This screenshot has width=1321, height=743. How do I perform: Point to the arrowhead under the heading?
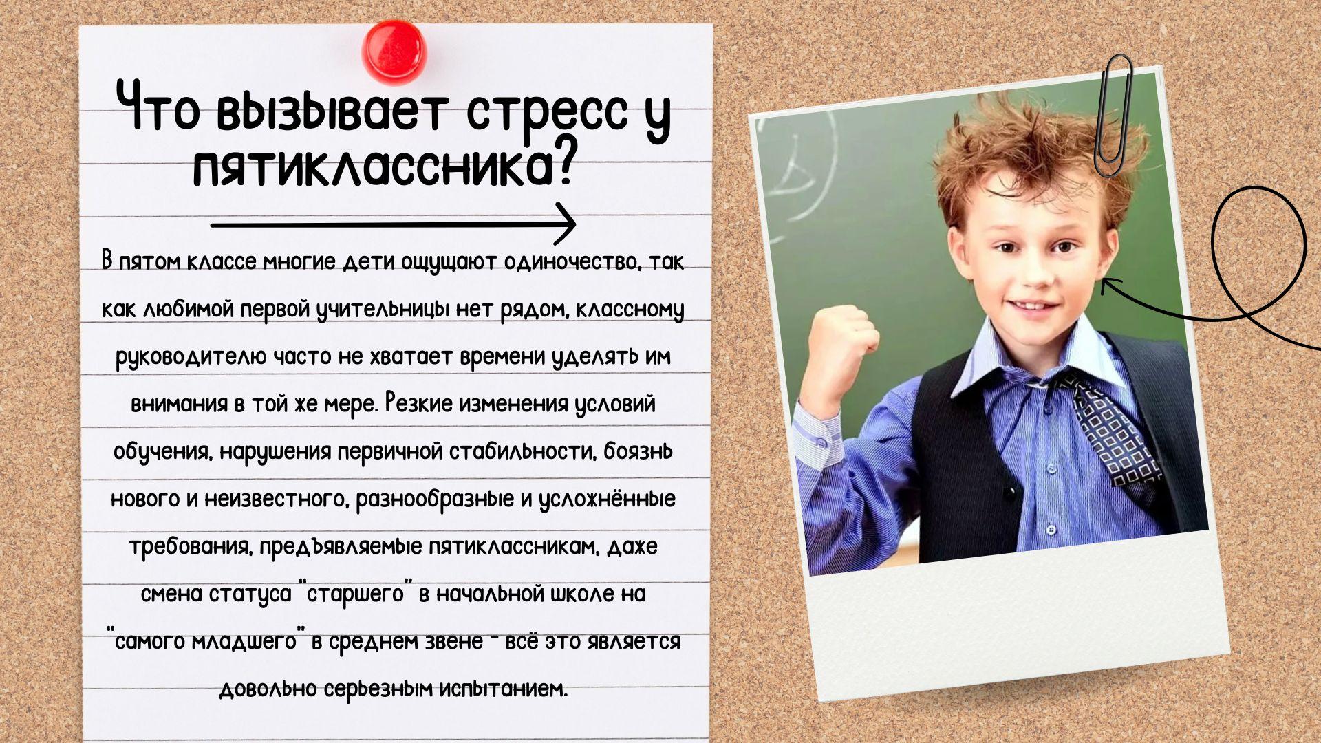(566, 224)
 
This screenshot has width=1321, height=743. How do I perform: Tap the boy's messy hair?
(1032, 158)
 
